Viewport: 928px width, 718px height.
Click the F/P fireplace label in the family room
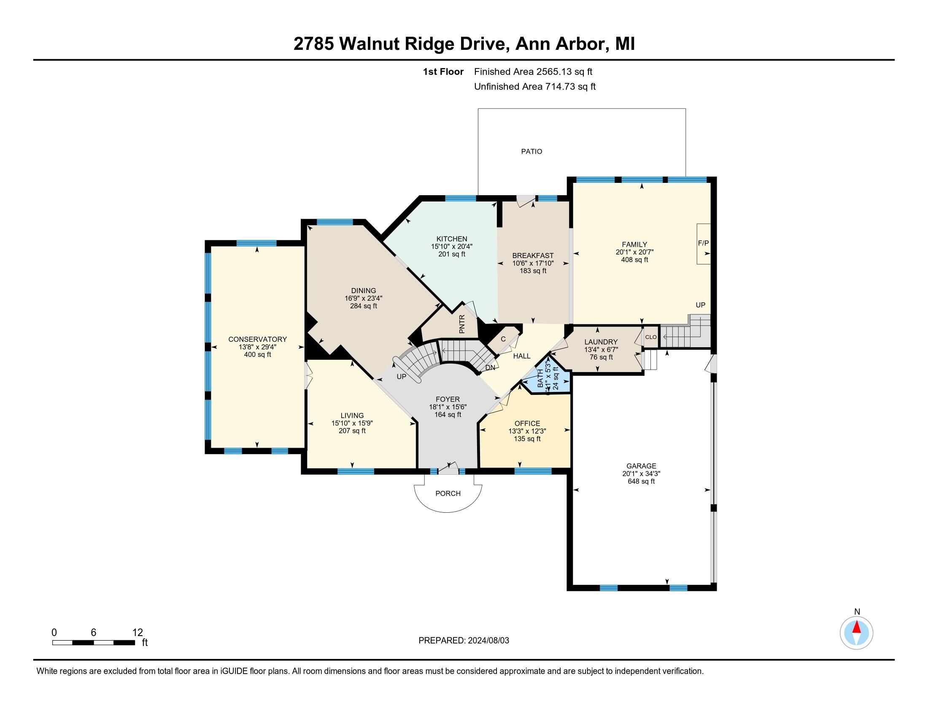pos(703,243)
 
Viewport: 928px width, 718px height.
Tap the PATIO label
pos(531,152)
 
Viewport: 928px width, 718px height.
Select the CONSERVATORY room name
pos(257,339)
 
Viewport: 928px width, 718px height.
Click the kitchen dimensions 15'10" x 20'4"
pos(452,246)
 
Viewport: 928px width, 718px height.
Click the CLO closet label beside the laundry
pos(650,337)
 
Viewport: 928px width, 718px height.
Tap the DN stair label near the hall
pos(490,367)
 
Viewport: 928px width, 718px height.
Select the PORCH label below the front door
pos(448,493)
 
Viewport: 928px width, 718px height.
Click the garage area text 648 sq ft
pos(641,481)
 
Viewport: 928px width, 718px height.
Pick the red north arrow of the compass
pos(857,628)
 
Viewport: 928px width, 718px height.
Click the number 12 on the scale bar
pos(137,633)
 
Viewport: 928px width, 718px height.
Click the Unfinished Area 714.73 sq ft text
pos(534,87)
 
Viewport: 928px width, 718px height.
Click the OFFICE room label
pos(527,423)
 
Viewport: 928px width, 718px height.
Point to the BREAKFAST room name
pos(533,256)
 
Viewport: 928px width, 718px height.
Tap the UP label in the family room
pos(700,305)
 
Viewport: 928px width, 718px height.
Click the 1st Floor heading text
pos(443,72)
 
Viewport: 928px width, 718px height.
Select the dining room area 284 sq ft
pos(363,306)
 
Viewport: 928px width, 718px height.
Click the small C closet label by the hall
pos(503,339)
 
